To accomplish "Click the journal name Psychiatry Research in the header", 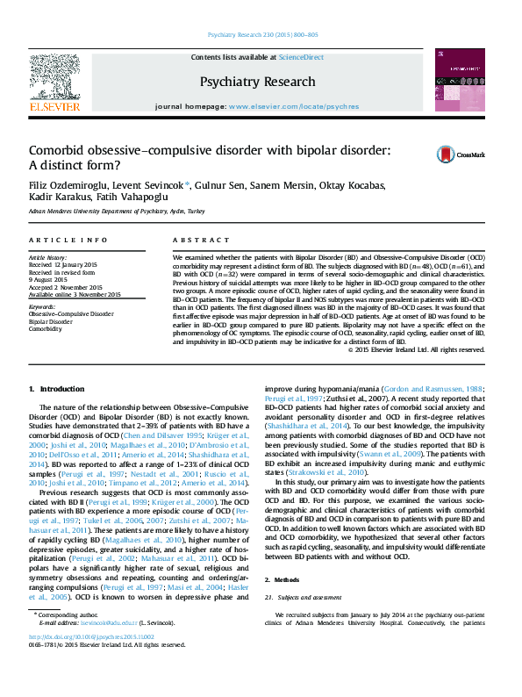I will coord(257,82).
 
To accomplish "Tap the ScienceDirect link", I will coord(300,57).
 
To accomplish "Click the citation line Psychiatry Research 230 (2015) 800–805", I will coord(262,35).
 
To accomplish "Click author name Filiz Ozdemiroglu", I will coord(62,185).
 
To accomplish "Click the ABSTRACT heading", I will coord(194,240).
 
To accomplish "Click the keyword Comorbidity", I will coord(46,328).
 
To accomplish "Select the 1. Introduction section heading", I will coord(56,389).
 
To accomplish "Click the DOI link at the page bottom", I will coord(91,661).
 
